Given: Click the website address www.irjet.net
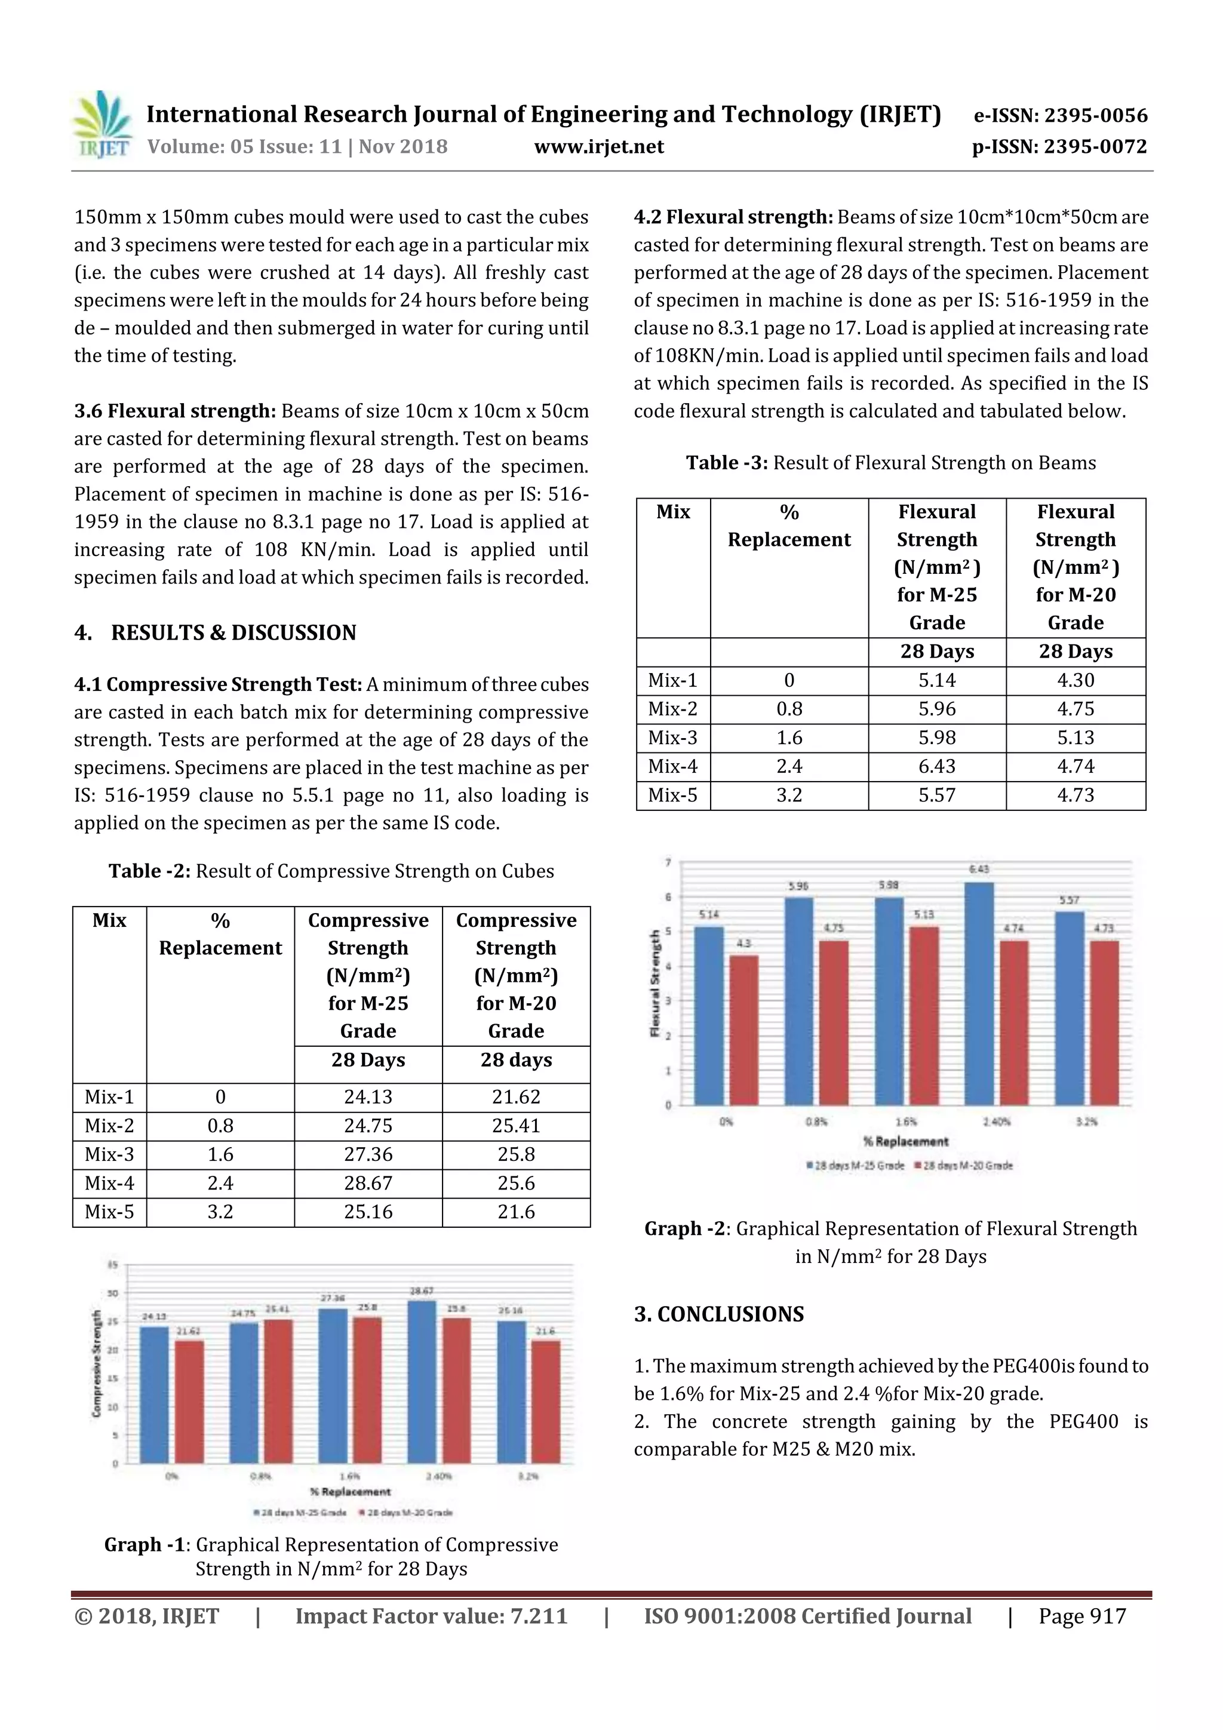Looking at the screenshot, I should click(x=598, y=146).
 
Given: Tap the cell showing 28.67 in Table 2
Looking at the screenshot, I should click(x=368, y=1183).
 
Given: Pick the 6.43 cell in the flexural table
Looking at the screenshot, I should click(x=936, y=766).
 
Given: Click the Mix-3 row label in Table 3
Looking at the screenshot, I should click(x=673, y=738).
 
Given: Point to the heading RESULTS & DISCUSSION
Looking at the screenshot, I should click(x=233, y=632).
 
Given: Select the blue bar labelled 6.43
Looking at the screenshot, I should click(x=979, y=995).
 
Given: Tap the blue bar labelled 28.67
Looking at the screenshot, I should click(x=422, y=1382).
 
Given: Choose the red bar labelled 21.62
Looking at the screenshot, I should click(x=189, y=1402).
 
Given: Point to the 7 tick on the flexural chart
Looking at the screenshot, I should click(x=668, y=862).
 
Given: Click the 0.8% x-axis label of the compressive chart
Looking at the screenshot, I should click(x=261, y=1476).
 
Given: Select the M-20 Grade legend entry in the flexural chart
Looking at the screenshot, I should click(x=967, y=1166).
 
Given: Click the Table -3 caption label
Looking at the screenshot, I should click(x=726, y=463).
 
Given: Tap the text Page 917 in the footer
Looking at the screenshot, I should click(x=1082, y=1616).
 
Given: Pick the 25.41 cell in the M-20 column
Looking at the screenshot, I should click(x=515, y=1126).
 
